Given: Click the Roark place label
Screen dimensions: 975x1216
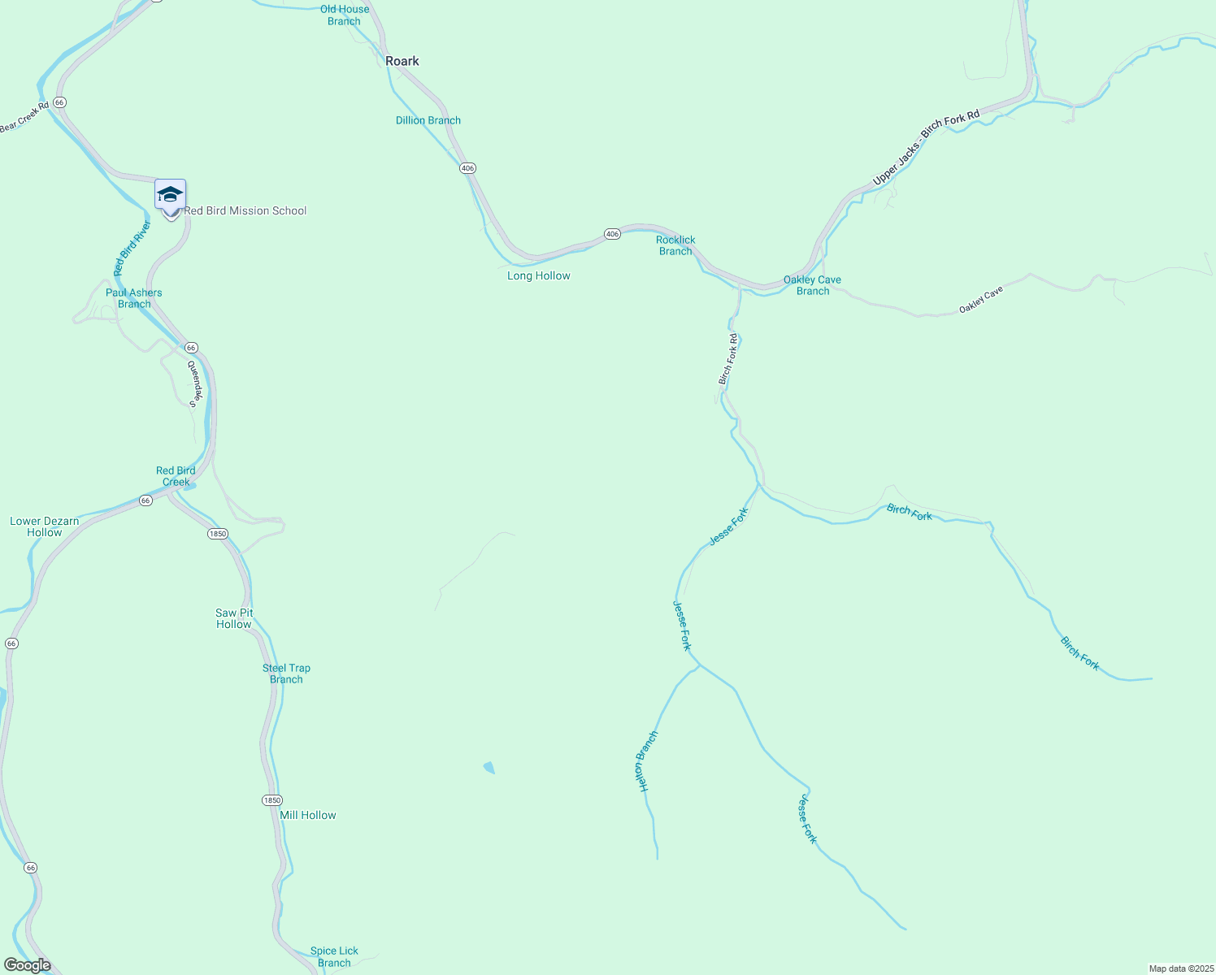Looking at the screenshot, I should point(402,61).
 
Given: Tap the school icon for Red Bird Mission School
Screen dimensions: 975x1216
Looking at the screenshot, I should point(170,195).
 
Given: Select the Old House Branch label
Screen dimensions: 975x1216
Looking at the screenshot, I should point(344,15).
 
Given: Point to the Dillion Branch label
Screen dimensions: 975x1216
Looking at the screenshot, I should point(428,120).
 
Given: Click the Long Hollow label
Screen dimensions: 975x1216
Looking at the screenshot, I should point(538,275).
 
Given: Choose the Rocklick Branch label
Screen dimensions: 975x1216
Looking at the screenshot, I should point(675,245).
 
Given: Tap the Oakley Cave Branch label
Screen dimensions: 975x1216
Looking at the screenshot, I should point(812,285).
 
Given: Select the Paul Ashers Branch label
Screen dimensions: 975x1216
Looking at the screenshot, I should point(133,298).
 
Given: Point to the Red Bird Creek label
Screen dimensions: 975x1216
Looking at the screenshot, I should point(176,476).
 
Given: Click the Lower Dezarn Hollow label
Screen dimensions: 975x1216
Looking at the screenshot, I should point(45,526).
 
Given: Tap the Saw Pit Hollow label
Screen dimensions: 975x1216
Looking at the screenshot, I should point(234,618).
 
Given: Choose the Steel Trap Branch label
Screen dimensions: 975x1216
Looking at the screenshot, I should point(286,674).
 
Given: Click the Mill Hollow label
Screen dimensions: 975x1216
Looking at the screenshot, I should point(307,815).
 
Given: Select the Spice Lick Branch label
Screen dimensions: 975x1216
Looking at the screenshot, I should point(334,956).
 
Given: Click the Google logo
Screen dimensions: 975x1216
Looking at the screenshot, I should point(27,965).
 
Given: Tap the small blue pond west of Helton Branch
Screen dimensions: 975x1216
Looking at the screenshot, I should point(489,767).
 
